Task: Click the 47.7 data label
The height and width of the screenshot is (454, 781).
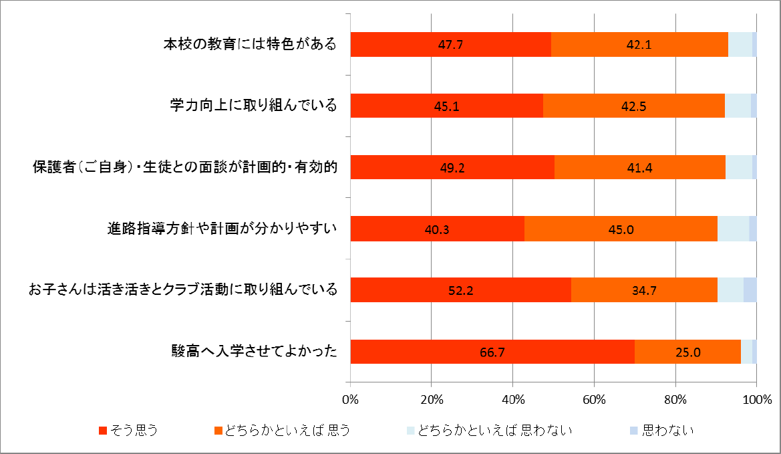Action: click(451, 45)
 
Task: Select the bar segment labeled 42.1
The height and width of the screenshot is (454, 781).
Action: click(639, 44)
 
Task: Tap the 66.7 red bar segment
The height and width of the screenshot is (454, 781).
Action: click(492, 351)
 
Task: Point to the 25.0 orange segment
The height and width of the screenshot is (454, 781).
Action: click(687, 351)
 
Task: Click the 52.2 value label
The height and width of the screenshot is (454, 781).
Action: click(460, 290)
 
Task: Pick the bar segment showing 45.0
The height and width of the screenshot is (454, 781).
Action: click(621, 229)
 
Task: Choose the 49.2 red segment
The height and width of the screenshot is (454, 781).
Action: click(452, 167)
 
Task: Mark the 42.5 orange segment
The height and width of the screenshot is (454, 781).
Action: click(634, 106)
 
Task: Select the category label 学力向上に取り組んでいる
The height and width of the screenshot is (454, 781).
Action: click(252, 106)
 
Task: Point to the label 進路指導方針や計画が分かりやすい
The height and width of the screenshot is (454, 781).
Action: click(222, 229)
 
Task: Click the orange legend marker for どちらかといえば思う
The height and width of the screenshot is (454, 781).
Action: click(216, 431)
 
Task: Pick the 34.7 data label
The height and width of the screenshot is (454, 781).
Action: click(644, 290)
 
